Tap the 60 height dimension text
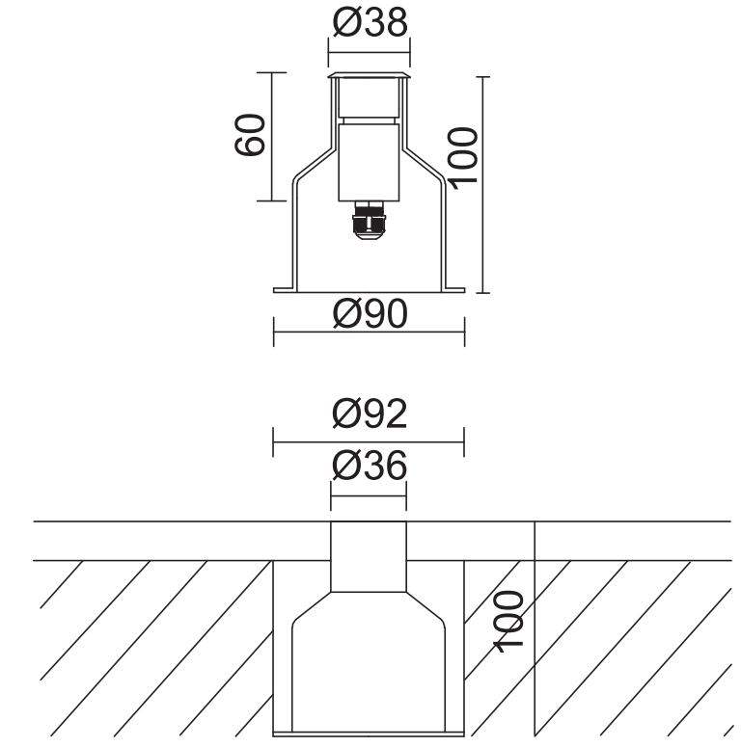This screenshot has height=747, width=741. pyautogui.click(x=249, y=135)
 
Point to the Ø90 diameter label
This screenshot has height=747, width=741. pyautogui.click(x=369, y=313)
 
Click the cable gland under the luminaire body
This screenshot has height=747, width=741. pyautogui.click(x=369, y=223)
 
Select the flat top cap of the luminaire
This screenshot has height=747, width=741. pyautogui.click(x=369, y=75)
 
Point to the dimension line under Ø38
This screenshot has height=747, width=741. pyautogui.click(x=369, y=49)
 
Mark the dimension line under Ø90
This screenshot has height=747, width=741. pyautogui.click(x=369, y=337)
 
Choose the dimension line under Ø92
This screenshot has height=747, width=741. pyautogui.click(x=369, y=444)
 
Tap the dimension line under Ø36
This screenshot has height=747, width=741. pyautogui.click(x=369, y=496)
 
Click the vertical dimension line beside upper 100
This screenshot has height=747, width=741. pyautogui.click(x=483, y=183)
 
